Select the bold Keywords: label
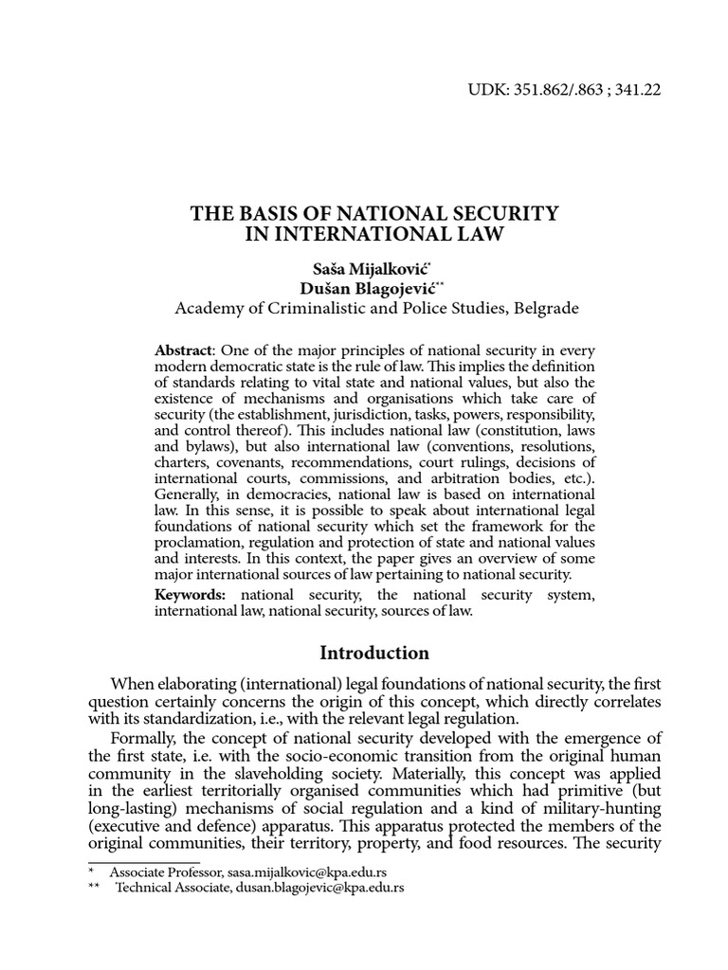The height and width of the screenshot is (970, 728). (x=191, y=594)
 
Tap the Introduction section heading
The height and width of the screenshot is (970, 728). (x=374, y=654)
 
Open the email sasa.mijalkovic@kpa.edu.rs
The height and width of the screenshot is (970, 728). (x=301, y=871)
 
